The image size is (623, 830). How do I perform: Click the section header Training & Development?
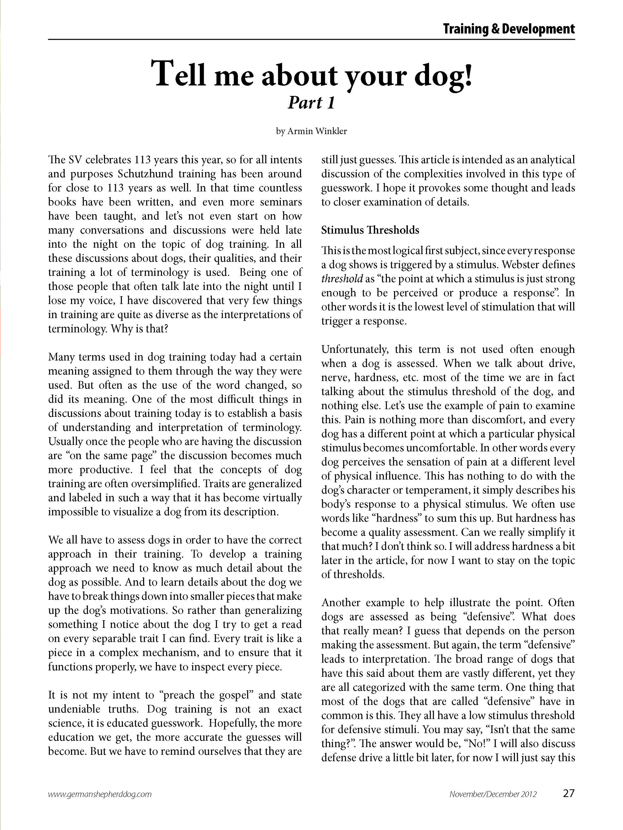point(508,29)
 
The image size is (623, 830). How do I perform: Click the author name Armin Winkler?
point(317,131)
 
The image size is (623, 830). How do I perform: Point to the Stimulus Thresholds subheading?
point(370,230)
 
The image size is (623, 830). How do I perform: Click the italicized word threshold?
point(342,279)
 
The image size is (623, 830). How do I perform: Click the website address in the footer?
point(100,794)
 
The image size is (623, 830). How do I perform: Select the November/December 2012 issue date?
point(493,794)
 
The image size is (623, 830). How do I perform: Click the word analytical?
point(551,160)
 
